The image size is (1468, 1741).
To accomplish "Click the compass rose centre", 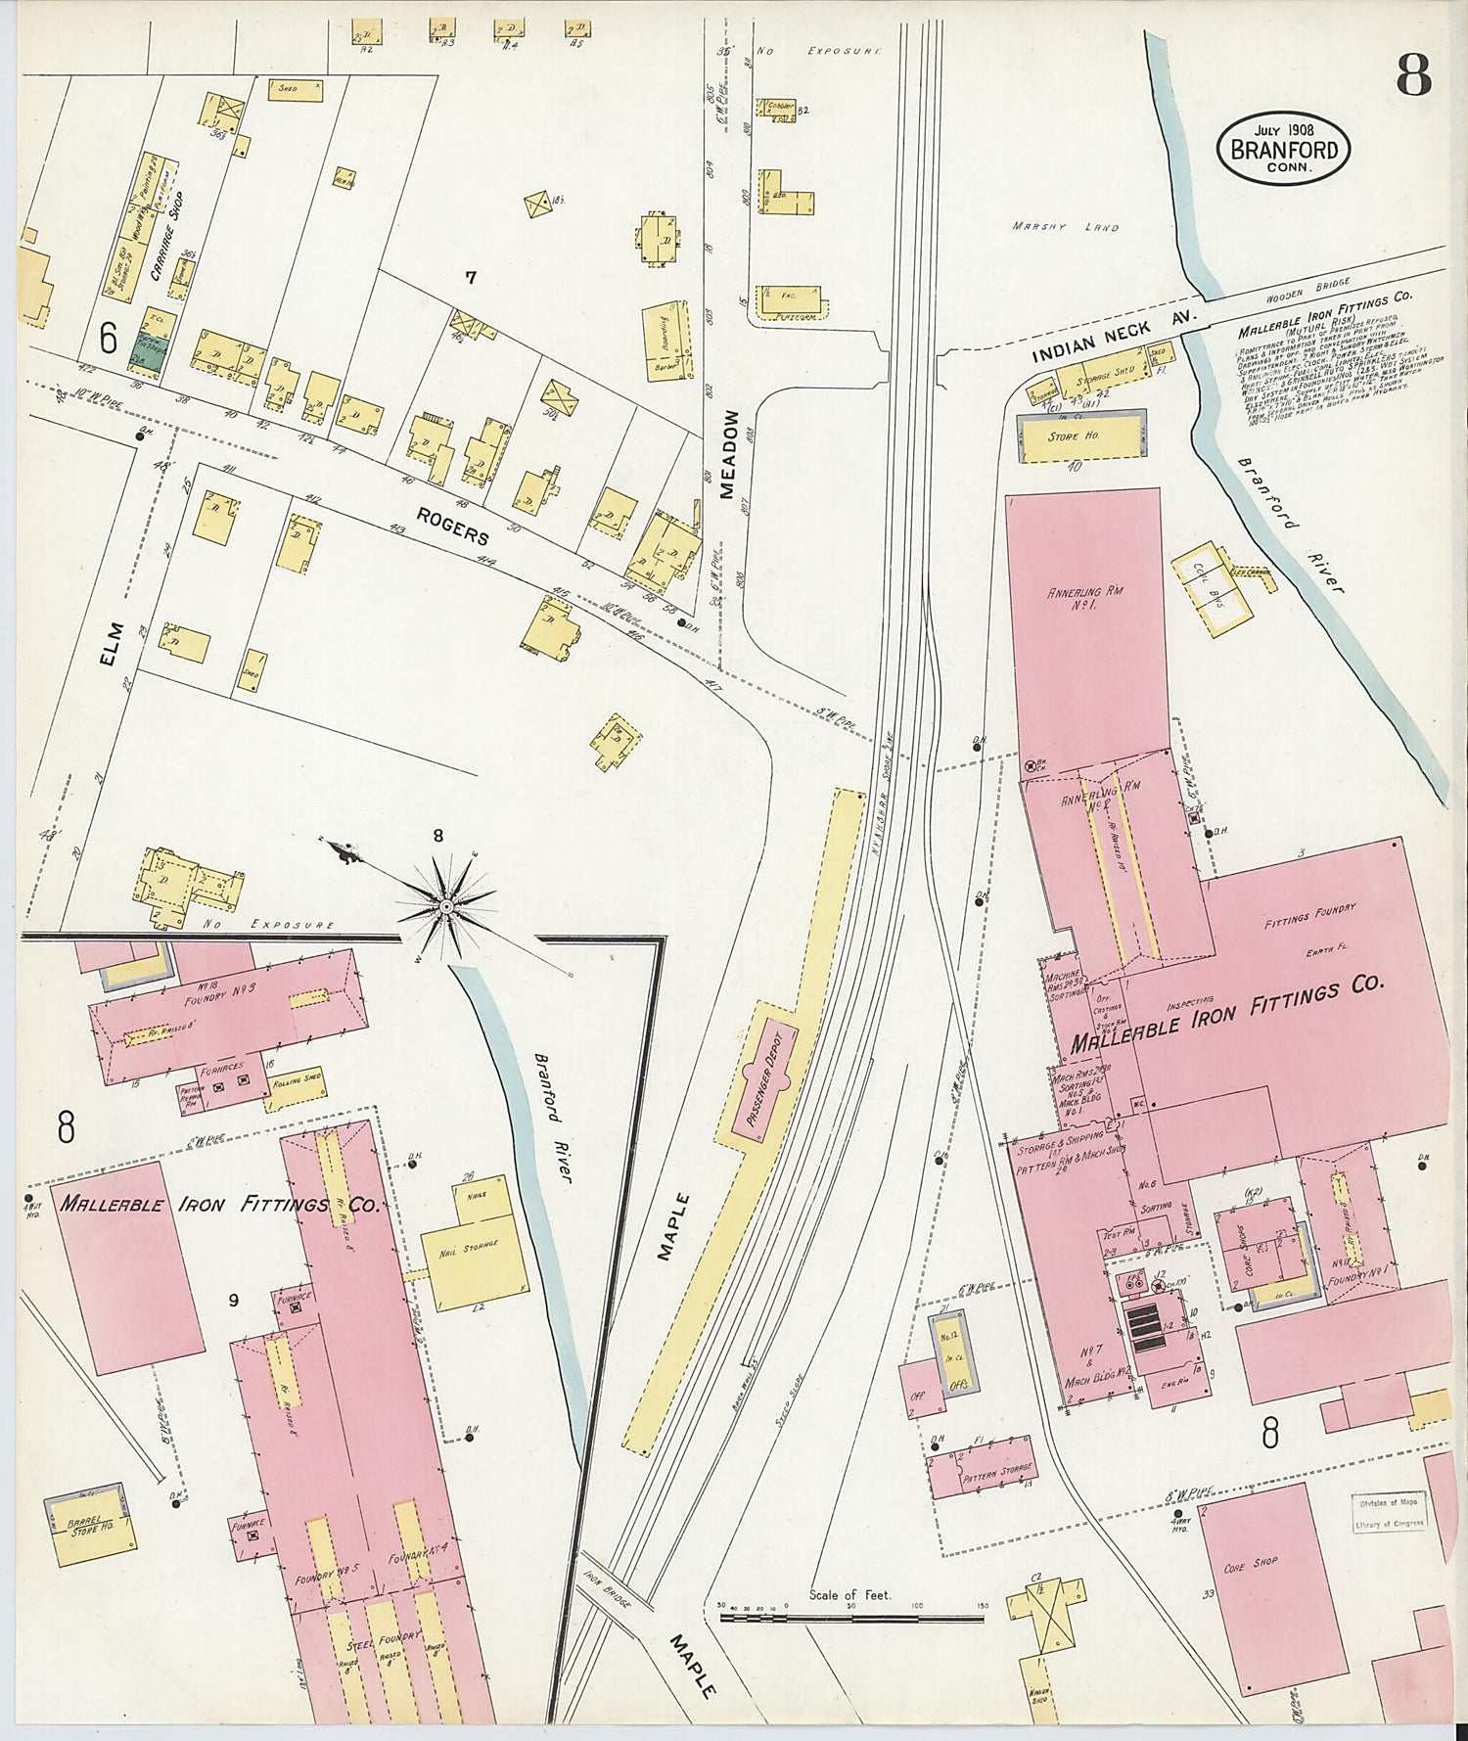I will click(x=446, y=907).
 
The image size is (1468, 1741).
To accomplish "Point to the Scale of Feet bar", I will click(x=851, y=1618).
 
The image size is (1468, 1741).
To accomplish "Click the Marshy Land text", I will click(x=1065, y=227).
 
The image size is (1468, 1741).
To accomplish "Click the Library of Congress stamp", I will click(x=1391, y=1512).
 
